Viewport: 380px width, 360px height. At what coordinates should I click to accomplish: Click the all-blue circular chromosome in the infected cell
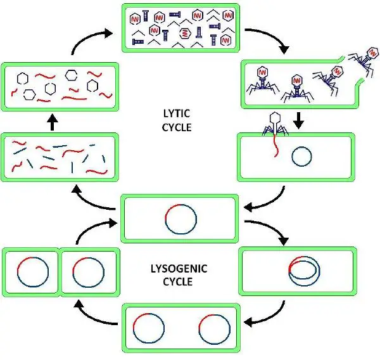(x=301, y=156)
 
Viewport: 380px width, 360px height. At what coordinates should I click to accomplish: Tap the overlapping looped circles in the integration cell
(x=301, y=271)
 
